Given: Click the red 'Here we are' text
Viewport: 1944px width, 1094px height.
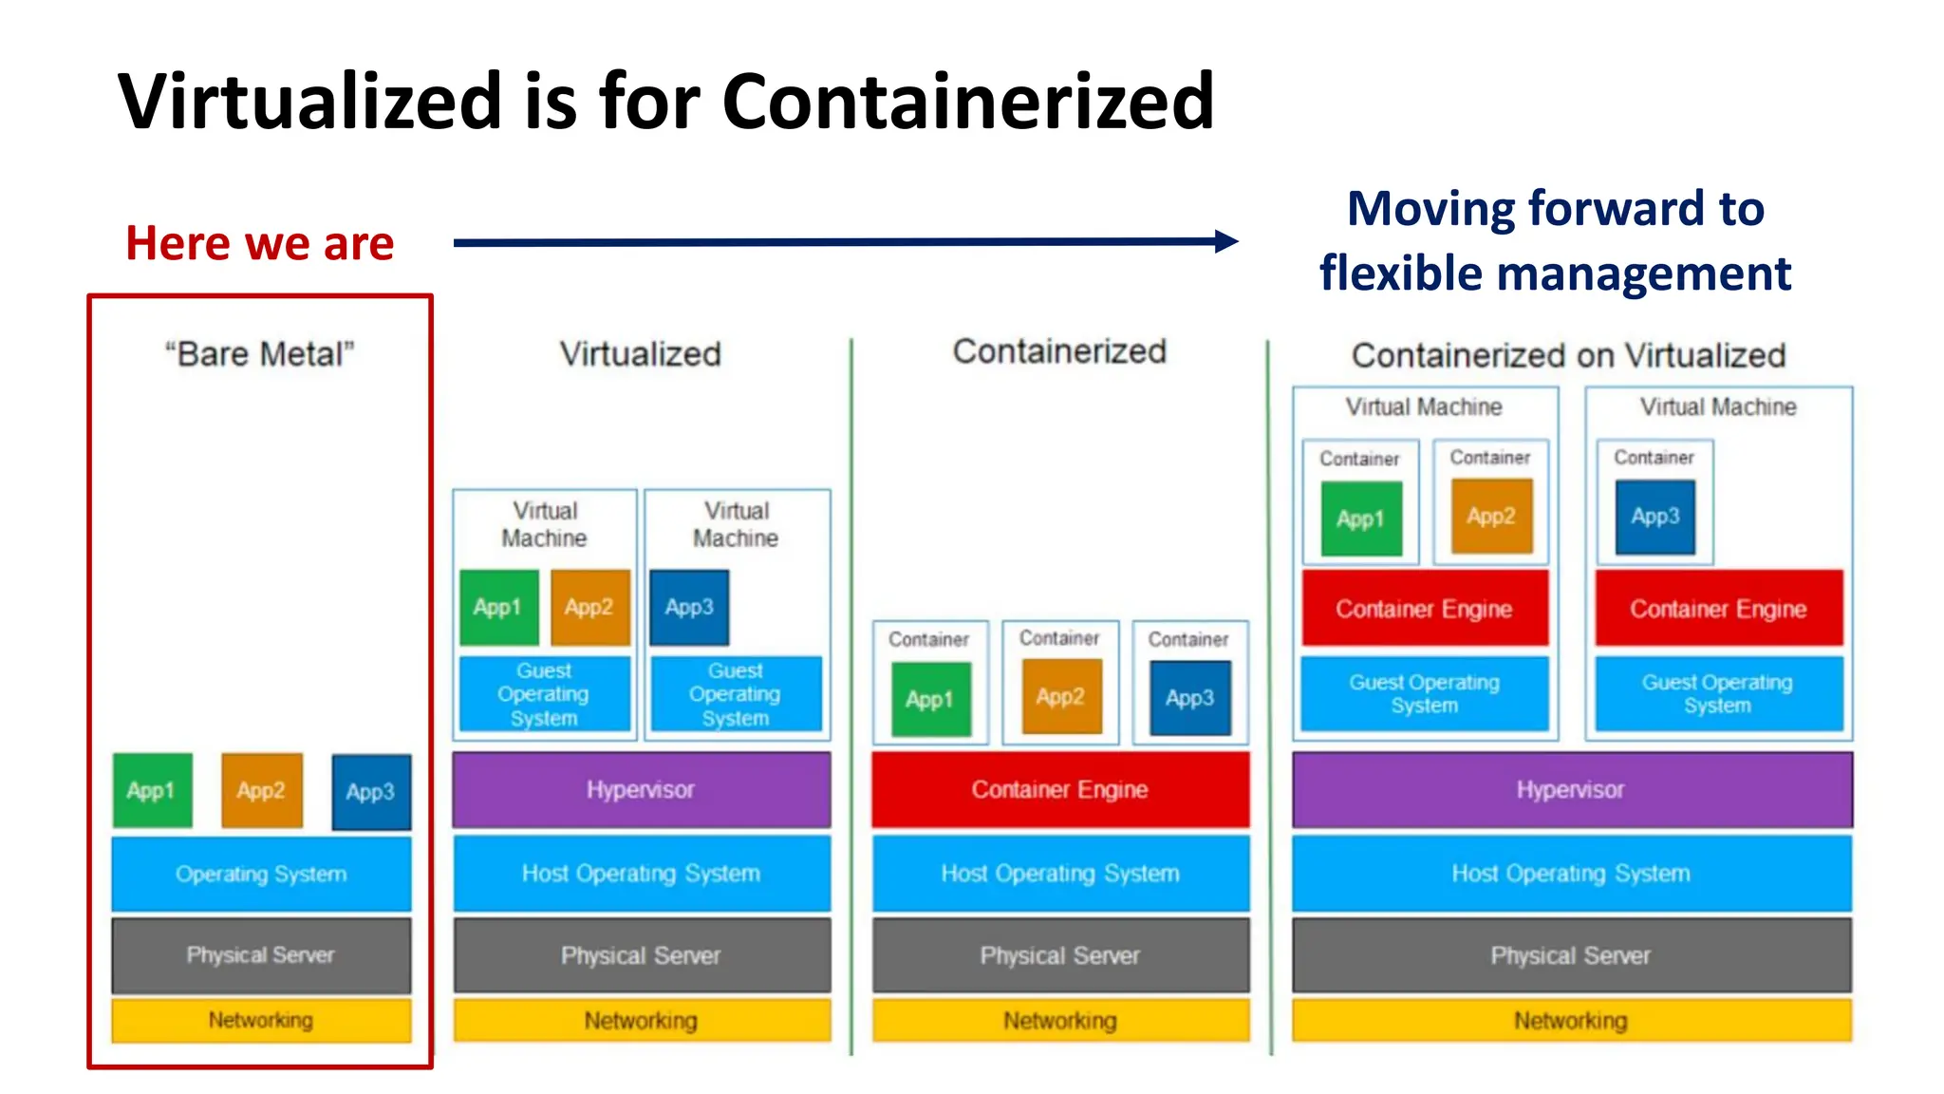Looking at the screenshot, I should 259,243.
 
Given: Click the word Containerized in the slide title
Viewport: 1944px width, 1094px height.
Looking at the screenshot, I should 967,102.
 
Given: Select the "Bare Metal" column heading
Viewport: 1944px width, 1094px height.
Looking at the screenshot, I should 259,354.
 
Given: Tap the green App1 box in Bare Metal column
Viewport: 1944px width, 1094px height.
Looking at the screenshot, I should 152,790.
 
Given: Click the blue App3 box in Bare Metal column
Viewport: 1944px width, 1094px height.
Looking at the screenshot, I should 370,791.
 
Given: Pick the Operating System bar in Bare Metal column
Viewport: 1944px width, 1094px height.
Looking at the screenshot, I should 261,874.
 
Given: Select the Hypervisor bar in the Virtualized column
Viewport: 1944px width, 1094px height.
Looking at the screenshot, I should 641,789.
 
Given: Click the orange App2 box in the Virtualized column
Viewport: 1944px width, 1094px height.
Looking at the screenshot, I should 589,607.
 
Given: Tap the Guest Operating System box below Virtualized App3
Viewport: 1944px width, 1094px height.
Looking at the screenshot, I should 736,694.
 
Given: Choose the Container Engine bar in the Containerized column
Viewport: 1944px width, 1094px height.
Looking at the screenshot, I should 1059,789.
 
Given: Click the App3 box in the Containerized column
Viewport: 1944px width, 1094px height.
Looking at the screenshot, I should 1189,698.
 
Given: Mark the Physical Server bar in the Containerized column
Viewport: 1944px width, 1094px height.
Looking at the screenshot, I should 1059,955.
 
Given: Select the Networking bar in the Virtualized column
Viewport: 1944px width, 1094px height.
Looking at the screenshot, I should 641,1021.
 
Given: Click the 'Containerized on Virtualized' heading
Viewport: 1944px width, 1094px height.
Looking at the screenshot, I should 1568,355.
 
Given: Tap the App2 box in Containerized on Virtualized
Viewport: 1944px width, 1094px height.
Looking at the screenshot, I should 1490,516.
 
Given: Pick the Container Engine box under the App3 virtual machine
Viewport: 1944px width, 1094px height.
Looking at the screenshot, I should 1718,608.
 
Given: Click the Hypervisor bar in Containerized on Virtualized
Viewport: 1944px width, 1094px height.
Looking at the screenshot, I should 1570,789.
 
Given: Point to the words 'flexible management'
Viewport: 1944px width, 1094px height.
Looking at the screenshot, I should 1555,273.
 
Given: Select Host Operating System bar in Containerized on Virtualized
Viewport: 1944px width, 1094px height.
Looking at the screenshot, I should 1570,874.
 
